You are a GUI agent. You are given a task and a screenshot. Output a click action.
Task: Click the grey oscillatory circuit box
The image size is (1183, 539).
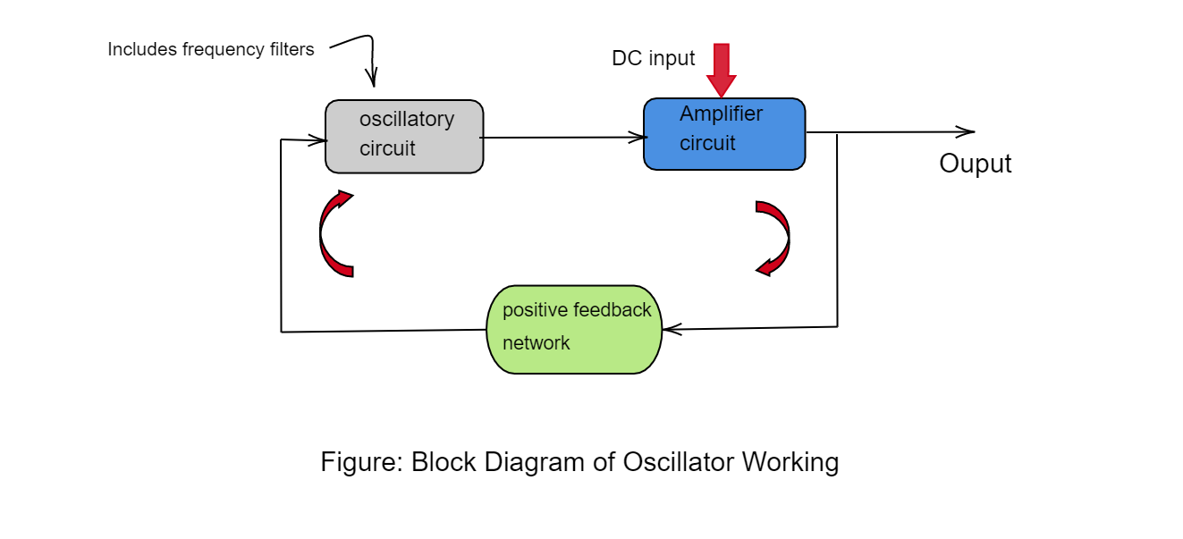coord(404,136)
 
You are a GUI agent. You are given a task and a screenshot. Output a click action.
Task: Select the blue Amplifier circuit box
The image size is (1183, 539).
coord(724,134)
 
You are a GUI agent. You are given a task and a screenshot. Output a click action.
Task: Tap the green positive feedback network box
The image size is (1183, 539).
coord(574,329)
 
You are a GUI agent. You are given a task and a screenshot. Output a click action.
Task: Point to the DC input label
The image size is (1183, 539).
coord(653,58)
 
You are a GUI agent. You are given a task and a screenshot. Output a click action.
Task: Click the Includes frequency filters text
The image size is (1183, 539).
coord(211,49)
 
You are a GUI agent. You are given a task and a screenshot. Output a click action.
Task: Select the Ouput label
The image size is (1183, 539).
coord(975,164)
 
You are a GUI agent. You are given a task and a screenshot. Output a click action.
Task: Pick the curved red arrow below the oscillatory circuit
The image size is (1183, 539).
coord(334,234)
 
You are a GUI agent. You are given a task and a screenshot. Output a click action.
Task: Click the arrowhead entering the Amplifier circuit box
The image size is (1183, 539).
coord(638,138)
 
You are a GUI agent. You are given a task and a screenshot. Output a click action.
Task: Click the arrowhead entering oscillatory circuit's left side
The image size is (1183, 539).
coord(317,139)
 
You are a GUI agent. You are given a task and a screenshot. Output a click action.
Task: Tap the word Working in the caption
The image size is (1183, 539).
coord(790,462)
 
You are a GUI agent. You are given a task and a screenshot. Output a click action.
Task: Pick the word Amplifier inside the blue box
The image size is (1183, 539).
coord(721,114)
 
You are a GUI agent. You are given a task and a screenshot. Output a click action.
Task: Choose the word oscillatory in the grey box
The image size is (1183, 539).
coord(407,119)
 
